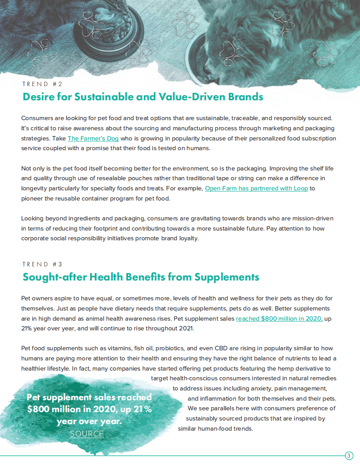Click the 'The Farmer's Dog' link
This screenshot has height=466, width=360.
(93, 138)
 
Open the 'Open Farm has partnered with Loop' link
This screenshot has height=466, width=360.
(256, 189)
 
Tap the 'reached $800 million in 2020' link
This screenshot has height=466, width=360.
(279, 318)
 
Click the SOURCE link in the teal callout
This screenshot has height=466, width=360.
(87, 434)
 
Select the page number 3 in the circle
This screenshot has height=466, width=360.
(349, 456)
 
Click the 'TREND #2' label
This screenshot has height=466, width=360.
(42, 83)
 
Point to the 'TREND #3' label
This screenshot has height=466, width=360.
(42, 264)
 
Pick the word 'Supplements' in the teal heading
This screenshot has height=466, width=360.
(227, 277)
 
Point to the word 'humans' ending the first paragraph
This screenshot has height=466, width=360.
(198, 148)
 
